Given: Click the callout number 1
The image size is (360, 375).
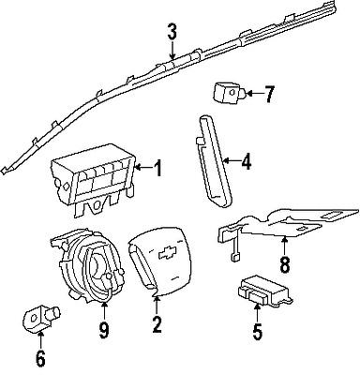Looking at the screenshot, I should click(x=157, y=169).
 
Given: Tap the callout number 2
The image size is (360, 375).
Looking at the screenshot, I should click(x=157, y=325).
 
